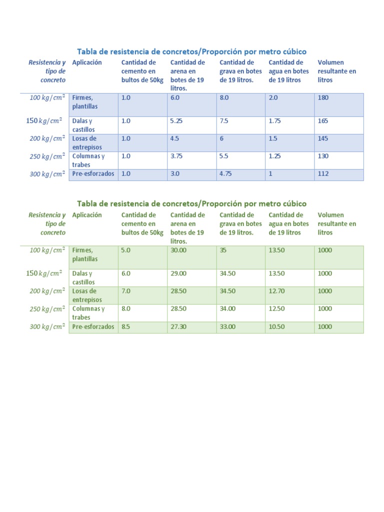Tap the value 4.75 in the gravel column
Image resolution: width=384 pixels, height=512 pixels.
click(x=227, y=174)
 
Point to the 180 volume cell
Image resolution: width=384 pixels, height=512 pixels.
click(x=323, y=98)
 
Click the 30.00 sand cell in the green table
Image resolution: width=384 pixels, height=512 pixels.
click(x=178, y=250)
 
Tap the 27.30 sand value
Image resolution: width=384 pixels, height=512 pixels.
click(x=178, y=326)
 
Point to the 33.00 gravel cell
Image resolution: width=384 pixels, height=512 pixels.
click(x=227, y=326)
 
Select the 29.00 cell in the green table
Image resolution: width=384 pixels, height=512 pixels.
click(x=178, y=273)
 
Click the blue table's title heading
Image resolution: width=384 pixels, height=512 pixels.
click(x=191, y=51)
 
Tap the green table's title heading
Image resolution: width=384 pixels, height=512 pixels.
click(x=191, y=203)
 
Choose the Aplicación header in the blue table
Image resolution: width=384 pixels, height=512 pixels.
click(x=87, y=62)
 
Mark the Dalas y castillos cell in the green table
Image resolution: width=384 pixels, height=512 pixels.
click(x=83, y=277)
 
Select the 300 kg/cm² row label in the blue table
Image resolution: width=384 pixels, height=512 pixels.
click(x=47, y=174)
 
